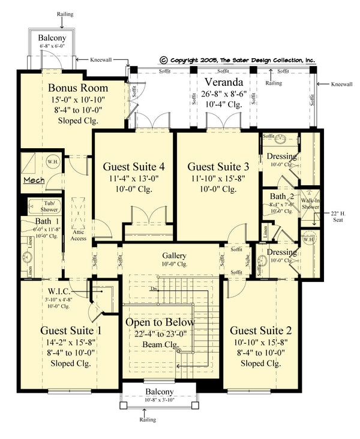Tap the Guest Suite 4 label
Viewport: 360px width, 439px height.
[134, 166]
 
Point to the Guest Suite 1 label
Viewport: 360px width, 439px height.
[71, 330]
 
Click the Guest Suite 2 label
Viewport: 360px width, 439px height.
[260, 330]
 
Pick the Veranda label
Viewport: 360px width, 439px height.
[223, 82]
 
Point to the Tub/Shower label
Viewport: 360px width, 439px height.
[49, 206]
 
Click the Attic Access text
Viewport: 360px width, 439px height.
[79, 234]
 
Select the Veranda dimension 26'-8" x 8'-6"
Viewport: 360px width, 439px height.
[223, 94]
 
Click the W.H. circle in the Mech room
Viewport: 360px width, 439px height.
[51, 161]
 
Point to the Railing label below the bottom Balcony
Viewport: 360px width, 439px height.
[148, 420]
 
